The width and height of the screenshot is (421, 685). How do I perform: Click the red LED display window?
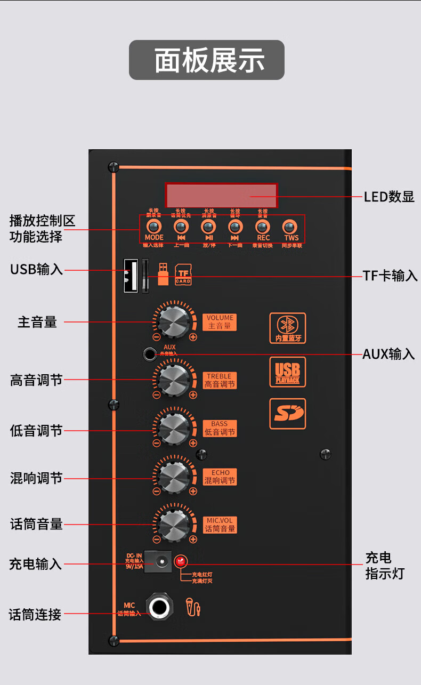click(221, 195)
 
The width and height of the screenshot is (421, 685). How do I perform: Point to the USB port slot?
click(131, 275)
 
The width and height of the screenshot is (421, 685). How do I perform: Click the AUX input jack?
click(150, 353)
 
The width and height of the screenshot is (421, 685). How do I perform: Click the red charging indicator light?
click(181, 561)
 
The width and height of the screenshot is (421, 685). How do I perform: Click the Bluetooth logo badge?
click(288, 328)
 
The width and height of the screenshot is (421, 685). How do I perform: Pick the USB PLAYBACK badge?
click(288, 372)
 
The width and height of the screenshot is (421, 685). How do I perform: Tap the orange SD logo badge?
click(288, 414)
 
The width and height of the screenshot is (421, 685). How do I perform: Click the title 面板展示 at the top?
click(207, 60)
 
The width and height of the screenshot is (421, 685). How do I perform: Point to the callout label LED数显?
click(389, 196)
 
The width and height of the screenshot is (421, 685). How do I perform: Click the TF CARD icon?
click(183, 275)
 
